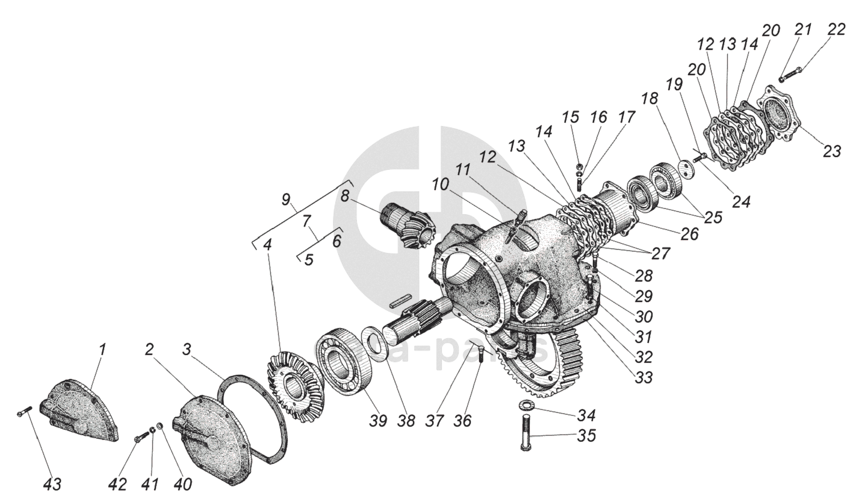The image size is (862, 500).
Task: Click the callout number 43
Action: coord(52,484)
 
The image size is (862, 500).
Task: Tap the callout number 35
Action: coord(586,436)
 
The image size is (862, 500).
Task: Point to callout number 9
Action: coord(285,200)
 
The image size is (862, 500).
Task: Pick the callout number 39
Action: coord(377,421)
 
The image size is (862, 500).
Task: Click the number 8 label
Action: coord(344,197)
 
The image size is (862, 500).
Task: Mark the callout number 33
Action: coord(643,378)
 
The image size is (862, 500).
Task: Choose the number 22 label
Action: coord(836,29)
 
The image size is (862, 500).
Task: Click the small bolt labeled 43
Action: coord(24,412)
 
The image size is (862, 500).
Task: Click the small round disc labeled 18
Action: coord(685,167)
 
